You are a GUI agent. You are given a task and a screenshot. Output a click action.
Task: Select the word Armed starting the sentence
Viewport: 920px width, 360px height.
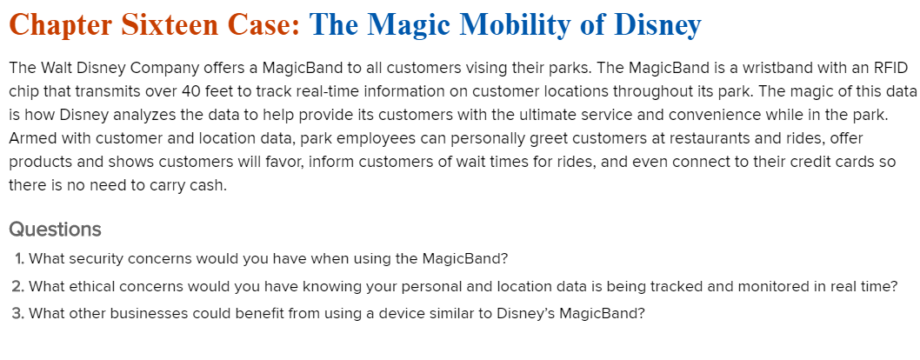30,138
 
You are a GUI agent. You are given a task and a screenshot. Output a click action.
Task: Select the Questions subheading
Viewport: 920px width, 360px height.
55,230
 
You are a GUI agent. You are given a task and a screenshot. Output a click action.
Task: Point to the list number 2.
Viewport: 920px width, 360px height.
17,286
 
